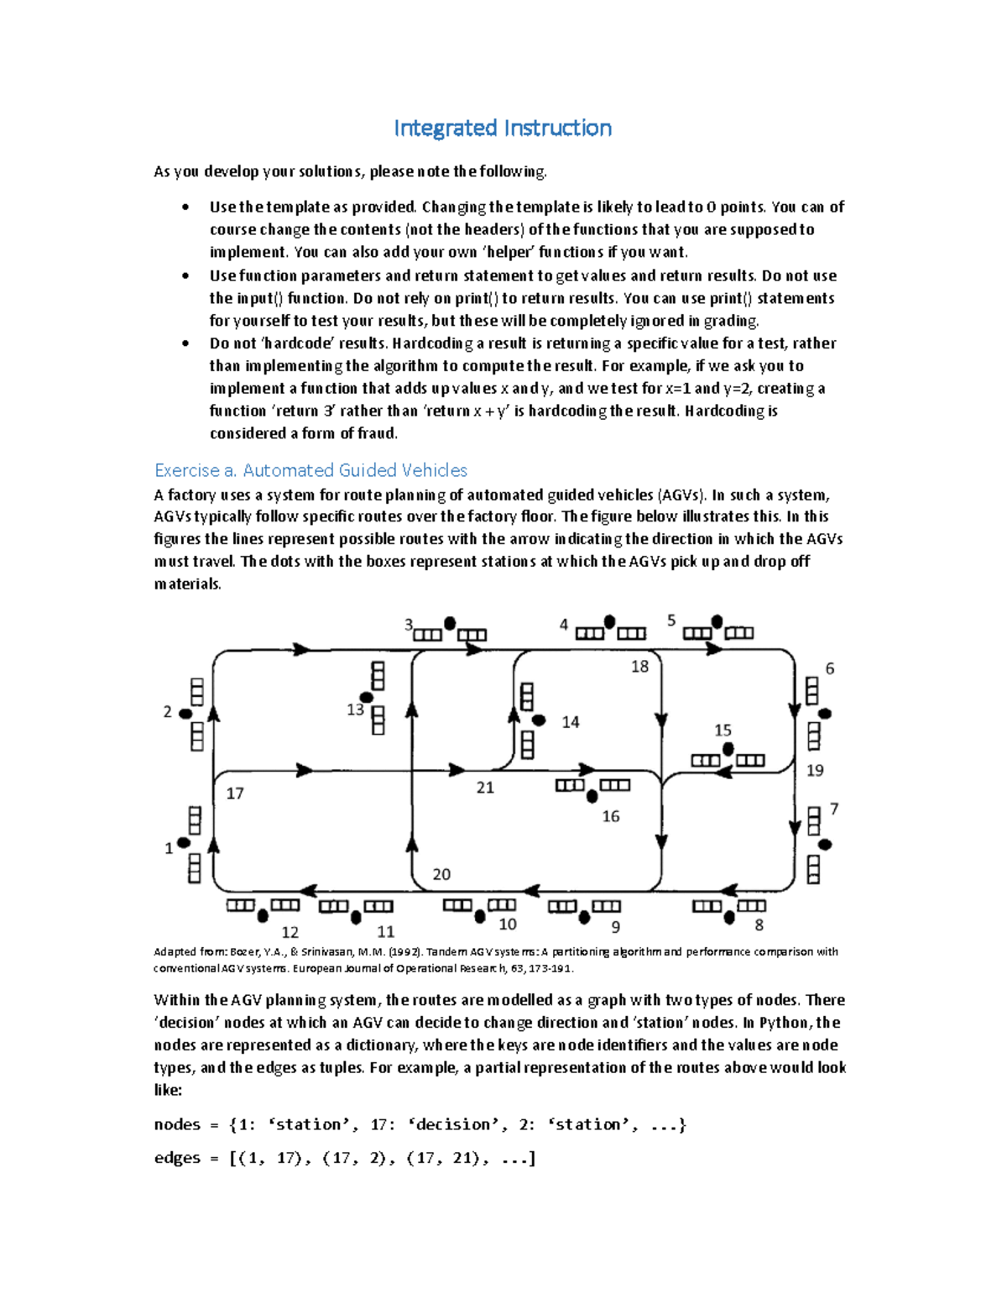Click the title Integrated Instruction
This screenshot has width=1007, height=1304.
pos(503,128)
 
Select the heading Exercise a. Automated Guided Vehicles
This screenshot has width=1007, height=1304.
pos(310,470)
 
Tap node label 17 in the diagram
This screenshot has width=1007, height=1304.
pos(235,793)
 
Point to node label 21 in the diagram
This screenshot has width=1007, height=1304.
pos(485,788)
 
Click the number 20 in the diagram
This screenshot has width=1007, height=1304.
pos(441,874)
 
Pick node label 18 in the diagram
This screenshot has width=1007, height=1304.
pos(639,667)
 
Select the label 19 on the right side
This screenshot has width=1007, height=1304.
pos(815,770)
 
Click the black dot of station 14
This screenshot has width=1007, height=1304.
pos(540,720)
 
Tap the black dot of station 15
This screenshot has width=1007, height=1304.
pos(728,749)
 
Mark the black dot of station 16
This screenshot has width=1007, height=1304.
pos(592,796)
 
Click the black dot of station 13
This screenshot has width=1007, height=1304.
pos(367,698)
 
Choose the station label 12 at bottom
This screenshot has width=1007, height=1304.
pos(290,932)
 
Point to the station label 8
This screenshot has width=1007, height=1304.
pos(759,925)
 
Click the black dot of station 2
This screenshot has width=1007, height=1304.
pos(186,714)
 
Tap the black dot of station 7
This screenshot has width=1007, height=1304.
pos(825,845)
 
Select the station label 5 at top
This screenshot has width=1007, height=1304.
pos(671,621)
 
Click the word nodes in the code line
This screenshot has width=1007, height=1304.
pos(177,1125)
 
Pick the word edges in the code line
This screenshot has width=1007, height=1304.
pos(177,1158)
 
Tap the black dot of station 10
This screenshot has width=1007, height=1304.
pos(480,917)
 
